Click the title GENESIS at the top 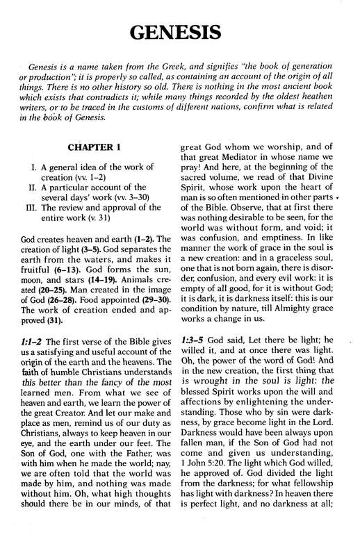(179, 32)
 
